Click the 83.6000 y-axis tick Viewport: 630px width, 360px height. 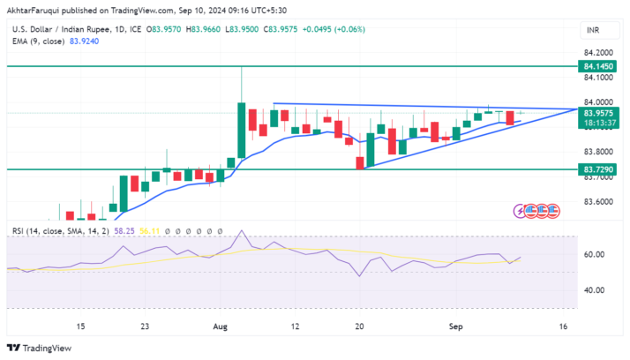click(x=596, y=202)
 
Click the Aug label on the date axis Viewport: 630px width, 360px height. click(x=221, y=326)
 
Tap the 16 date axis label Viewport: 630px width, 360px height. click(x=562, y=326)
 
